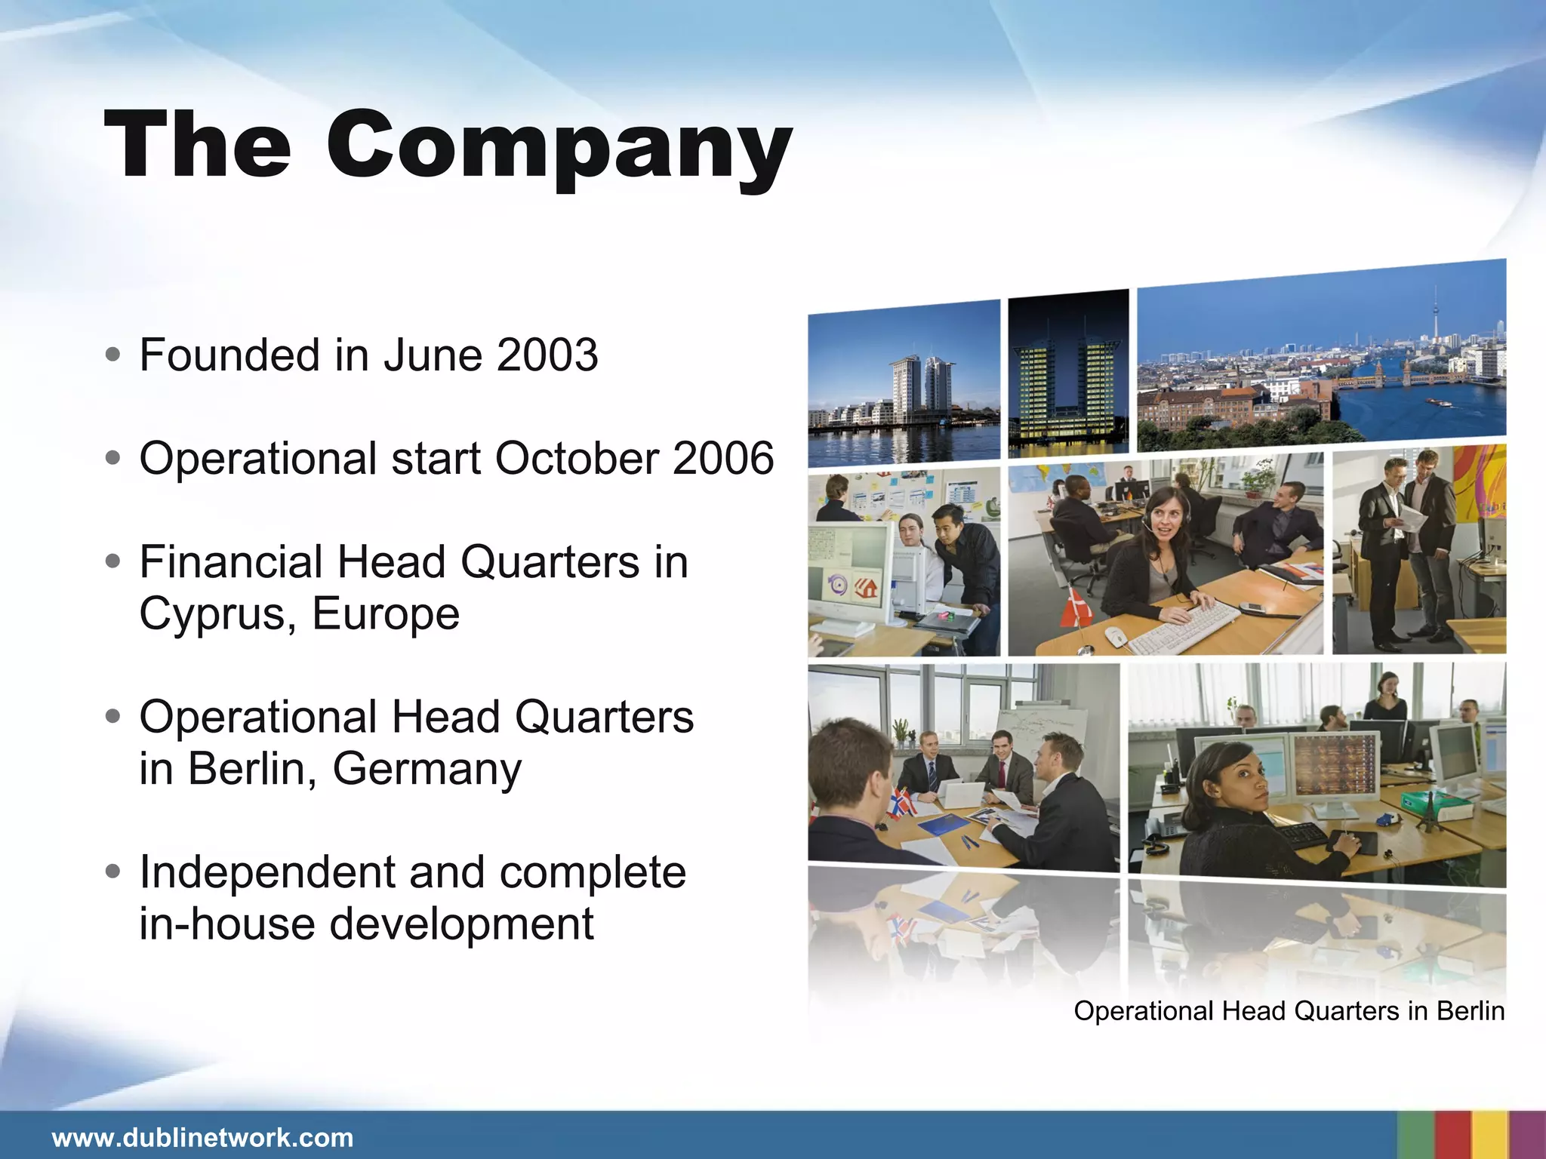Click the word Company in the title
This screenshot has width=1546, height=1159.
click(559, 147)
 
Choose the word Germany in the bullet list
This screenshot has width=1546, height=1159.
click(427, 770)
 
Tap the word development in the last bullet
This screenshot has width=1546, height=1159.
click(462, 924)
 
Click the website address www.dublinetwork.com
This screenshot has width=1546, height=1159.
click(202, 1138)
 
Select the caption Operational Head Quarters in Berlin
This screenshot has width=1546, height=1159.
click(1289, 1011)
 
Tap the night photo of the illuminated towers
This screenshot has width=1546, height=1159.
click(1068, 374)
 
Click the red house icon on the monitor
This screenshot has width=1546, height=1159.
click(866, 586)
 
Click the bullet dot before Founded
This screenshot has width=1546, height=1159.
click(113, 355)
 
